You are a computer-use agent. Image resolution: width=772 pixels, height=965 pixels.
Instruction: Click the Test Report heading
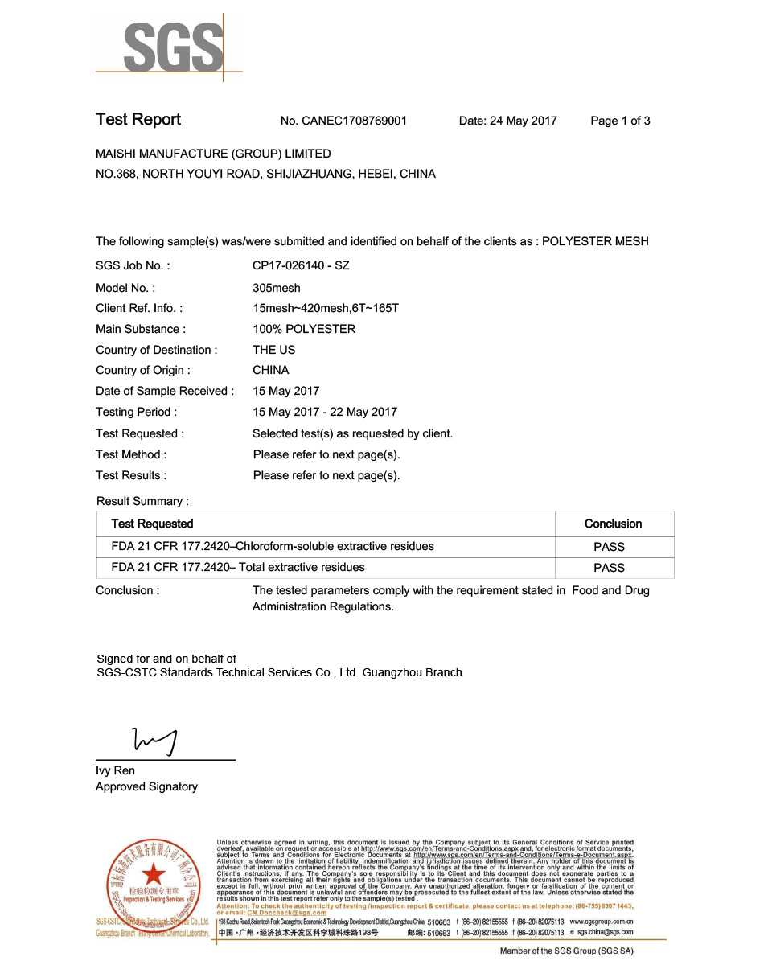[138, 120]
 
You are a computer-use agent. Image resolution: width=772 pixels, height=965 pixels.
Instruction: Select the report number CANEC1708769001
[343, 121]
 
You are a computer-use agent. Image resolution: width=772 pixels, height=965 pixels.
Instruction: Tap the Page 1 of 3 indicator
[620, 121]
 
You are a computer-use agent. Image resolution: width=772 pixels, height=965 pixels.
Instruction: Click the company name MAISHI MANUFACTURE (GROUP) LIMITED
[213, 154]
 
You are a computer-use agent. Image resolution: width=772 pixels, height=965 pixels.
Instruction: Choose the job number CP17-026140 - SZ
[301, 265]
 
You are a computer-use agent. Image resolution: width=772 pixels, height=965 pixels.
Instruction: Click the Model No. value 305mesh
[277, 288]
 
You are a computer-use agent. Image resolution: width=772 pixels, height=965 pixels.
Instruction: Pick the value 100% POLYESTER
[304, 329]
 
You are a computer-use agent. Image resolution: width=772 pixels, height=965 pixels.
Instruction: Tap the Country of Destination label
[157, 350]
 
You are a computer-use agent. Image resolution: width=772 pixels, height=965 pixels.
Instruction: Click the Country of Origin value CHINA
[271, 371]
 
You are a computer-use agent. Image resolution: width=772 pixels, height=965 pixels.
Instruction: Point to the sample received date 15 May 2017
[286, 392]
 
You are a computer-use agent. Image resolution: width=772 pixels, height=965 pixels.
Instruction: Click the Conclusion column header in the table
[613, 524]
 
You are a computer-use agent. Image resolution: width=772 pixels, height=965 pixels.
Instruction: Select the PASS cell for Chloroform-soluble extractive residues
[609, 547]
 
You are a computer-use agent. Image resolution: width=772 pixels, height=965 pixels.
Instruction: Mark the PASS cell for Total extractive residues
[609, 568]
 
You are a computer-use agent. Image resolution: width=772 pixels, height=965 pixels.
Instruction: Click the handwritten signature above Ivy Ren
[155, 741]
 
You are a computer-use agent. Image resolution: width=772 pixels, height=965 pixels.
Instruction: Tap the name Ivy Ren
[116, 771]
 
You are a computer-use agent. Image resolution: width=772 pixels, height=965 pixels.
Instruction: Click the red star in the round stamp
[152, 874]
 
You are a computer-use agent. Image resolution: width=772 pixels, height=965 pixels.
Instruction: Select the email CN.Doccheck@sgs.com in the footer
[286, 913]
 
